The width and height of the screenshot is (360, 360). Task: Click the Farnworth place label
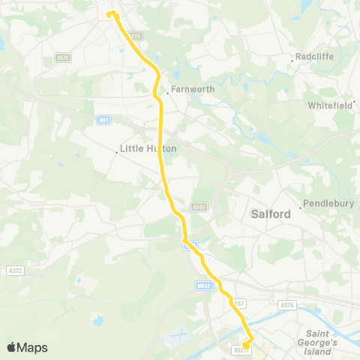click(x=193, y=88)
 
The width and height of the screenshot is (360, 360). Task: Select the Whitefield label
click(x=331, y=106)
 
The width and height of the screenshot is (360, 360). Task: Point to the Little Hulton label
click(x=148, y=148)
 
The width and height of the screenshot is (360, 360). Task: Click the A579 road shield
click(x=63, y=56)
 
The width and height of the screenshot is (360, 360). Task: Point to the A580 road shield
click(x=199, y=206)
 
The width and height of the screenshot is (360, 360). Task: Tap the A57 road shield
click(x=238, y=303)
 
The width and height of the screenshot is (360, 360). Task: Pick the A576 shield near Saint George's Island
click(x=286, y=305)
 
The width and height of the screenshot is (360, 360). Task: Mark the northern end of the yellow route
click(x=112, y=13)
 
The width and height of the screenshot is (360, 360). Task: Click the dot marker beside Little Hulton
click(x=117, y=152)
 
